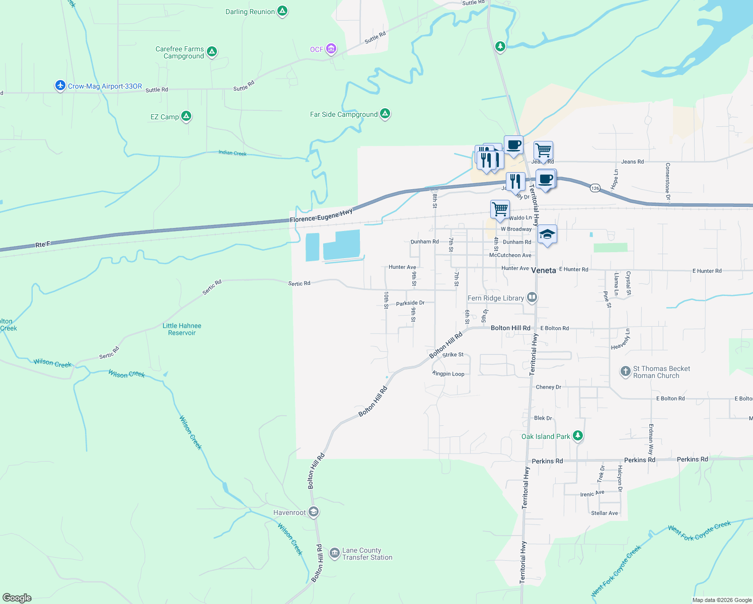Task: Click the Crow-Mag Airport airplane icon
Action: coord(60,86)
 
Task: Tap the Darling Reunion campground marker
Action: coord(282,11)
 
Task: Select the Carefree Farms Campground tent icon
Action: coord(212,51)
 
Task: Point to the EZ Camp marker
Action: coord(186,116)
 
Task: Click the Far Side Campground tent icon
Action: coord(385,114)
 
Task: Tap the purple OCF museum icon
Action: coord(331,49)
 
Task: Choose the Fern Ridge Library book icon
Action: coord(532,297)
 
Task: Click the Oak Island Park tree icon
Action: coord(578,436)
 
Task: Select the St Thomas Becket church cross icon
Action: coord(625,371)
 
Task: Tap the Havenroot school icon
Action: coord(314,512)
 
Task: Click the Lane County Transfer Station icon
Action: coord(334,553)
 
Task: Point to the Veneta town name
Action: coord(544,270)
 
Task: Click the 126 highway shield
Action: coord(595,188)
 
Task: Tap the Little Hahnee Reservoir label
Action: coord(182,329)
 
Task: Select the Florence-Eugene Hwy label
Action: coord(321,216)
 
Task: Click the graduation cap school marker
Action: coord(547,234)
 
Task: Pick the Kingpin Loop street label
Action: coord(448,374)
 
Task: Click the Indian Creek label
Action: coord(233,153)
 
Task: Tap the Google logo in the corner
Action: coord(17,597)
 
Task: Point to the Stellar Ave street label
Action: coord(605,513)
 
